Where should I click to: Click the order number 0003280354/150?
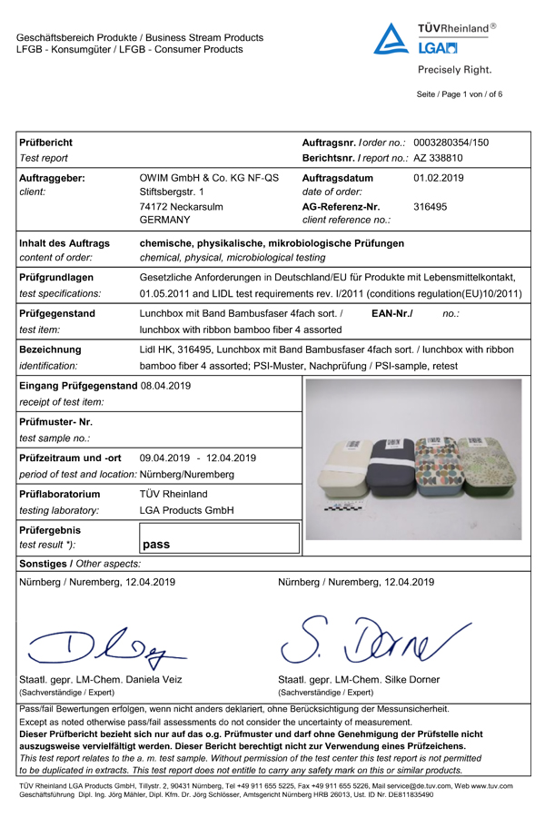pos(451,143)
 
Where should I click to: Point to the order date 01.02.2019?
pos(439,178)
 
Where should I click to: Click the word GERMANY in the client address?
pos(164,221)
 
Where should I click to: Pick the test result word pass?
pos(156,545)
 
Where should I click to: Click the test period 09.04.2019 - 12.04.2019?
pos(198,458)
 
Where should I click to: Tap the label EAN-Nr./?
pos(392,313)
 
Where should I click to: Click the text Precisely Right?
pos(454,70)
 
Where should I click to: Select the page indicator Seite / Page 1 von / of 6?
pos(460,94)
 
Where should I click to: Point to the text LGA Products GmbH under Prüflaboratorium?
pos(186,511)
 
